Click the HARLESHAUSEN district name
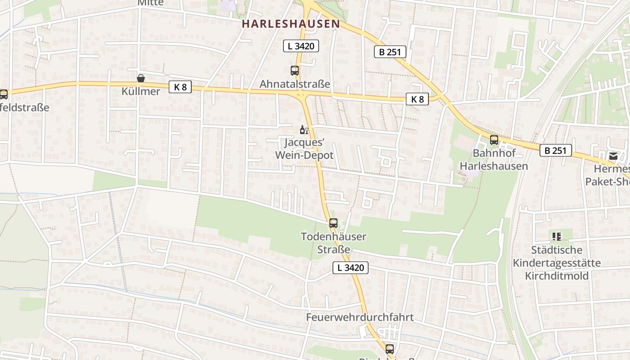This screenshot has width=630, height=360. [290, 24]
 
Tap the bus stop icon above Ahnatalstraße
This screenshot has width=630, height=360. [295, 71]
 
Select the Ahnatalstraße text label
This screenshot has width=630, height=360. [295, 84]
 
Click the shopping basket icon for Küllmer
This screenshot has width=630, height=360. [141, 78]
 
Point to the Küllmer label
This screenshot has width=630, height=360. [141, 91]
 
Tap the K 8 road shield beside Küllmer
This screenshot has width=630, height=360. [180, 87]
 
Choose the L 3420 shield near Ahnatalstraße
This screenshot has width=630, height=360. [301, 45]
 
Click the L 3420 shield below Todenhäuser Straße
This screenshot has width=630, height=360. [351, 268]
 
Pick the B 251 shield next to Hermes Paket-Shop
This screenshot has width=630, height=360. [556, 150]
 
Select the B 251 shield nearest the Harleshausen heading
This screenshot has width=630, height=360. [390, 52]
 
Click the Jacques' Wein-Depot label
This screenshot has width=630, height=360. [304, 149]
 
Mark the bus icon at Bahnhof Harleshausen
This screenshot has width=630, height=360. [494, 140]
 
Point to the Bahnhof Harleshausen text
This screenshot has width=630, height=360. [494, 160]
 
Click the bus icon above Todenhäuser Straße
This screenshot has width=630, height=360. [333, 223]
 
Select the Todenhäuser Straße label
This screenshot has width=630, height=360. [333, 243]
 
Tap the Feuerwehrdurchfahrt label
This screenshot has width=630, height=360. [360, 317]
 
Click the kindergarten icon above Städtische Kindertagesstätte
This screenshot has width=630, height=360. [557, 236]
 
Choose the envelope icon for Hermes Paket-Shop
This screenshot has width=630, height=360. [613, 156]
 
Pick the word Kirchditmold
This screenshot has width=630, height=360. [557, 275]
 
